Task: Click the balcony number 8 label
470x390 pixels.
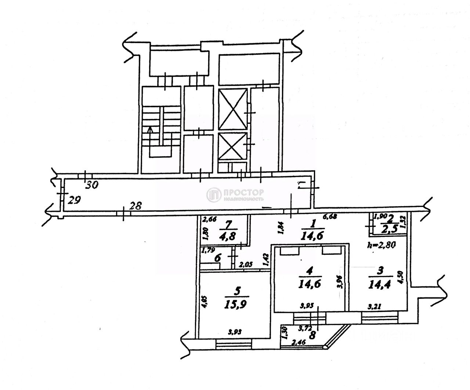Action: (313, 335)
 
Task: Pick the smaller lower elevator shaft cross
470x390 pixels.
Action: (232, 146)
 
